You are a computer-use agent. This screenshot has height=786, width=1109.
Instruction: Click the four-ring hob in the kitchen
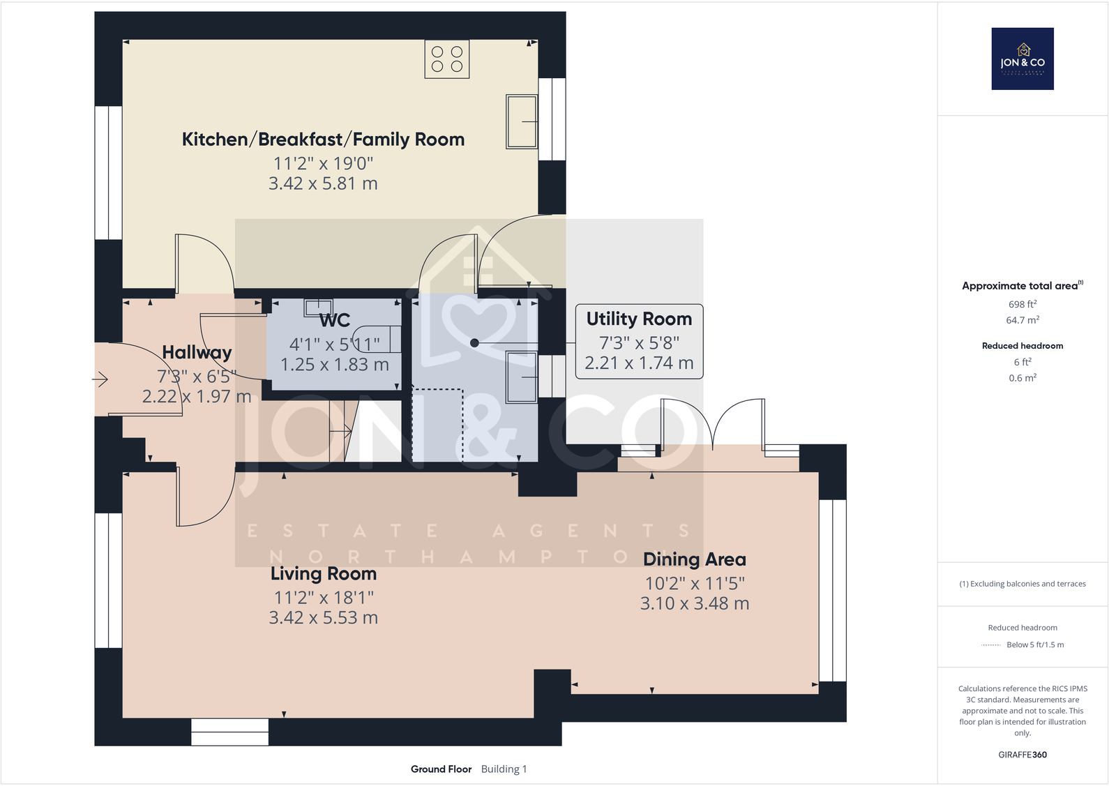click(447, 59)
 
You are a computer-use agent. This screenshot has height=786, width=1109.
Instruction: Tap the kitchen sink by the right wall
click(522, 121)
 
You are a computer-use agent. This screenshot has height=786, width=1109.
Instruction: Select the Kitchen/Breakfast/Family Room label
click(323, 139)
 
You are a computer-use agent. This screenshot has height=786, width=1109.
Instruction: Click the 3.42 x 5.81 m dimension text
click(323, 183)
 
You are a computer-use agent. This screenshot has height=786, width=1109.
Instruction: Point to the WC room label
click(335, 321)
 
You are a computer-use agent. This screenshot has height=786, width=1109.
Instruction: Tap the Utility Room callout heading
click(639, 319)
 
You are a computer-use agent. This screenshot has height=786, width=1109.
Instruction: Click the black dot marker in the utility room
click(474, 342)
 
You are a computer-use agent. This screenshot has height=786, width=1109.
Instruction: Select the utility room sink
click(522, 377)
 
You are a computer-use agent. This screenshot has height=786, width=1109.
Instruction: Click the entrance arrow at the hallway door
click(100, 379)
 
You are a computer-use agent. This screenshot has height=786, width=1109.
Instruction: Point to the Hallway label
click(197, 352)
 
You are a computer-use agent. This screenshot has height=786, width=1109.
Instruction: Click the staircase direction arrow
click(341, 432)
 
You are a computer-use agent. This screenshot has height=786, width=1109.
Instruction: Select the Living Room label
click(324, 574)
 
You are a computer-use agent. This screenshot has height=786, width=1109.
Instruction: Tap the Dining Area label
click(695, 559)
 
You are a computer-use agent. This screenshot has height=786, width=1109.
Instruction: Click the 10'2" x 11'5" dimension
click(695, 583)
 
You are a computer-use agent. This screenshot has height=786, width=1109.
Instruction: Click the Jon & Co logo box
click(1023, 59)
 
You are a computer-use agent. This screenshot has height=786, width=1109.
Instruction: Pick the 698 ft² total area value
click(1023, 304)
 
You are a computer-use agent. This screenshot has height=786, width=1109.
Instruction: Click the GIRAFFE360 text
click(1023, 755)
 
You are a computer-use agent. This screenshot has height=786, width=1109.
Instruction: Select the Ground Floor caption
click(441, 769)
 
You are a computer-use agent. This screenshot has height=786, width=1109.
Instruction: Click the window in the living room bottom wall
click(229, 732)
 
